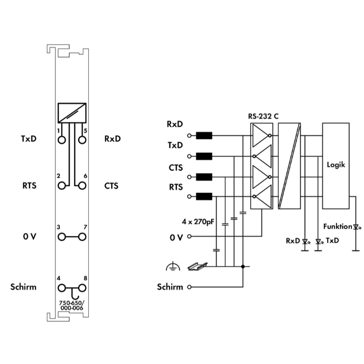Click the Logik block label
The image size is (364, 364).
tap(336, 165)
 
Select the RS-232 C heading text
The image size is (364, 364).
tap(263, 116)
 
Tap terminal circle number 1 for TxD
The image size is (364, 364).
tap(62, 140)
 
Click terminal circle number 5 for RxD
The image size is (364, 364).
tap(82, 140)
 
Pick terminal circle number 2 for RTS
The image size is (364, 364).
tap(62, 186)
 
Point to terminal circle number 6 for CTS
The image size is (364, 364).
tap(82, 186)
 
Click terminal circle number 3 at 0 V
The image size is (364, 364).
tap(62, 237)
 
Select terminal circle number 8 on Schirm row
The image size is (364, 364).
tap(82, 288)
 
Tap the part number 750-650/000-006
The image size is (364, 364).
tap(72, 305)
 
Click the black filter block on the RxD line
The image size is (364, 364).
tap(204, 135)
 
